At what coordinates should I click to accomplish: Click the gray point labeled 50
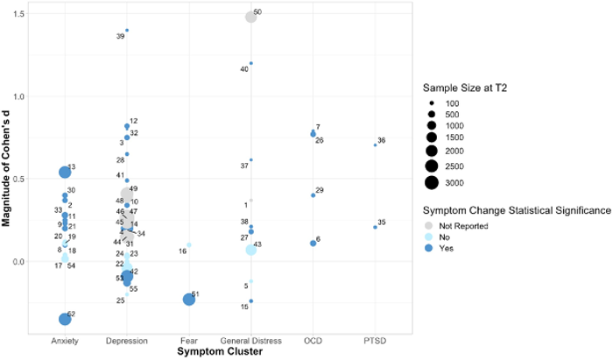250,17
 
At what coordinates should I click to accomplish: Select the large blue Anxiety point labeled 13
65,173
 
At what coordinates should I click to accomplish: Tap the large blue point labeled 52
65,319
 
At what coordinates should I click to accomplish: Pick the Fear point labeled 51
188,300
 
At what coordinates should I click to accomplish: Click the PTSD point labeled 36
375,145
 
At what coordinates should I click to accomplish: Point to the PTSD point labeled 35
375,227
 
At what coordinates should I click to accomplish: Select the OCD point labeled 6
313,243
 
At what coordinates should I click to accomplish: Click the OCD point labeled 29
313,194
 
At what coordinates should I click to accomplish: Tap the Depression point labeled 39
127,31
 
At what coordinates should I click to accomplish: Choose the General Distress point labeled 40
250,63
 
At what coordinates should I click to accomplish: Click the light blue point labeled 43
250,250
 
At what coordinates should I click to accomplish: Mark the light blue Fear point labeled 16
188,245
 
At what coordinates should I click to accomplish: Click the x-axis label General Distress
250,341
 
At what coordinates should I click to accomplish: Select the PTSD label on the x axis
375,341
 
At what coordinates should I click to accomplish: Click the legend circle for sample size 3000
432,182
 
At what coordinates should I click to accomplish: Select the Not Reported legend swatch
432,226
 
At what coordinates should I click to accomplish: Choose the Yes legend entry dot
432,248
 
